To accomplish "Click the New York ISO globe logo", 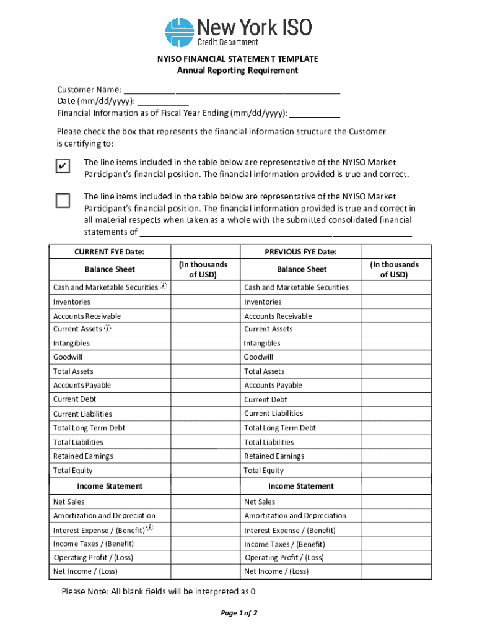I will (x=180, y=32).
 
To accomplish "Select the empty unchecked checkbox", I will (x=63, y=201).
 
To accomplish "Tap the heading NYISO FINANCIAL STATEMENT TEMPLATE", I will (x=237, y=59).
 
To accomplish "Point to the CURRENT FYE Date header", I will (x=109, y=251).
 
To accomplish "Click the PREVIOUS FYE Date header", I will (x=300, y=251).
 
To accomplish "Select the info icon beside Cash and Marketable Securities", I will (x=163, y=286).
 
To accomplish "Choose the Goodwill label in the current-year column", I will (x=68, y=357).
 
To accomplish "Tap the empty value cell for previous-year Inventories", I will (x=396, y=302).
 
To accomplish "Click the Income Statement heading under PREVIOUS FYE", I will (x=300, y=486).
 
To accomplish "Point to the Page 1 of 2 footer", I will (x=239, y=613).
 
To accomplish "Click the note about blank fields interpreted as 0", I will (x=159, y=591).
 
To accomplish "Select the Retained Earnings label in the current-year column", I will (x=83, y=456).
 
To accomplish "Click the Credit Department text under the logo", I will (x=227, y=42).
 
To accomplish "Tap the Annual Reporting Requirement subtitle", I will (x=237, y=71).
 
